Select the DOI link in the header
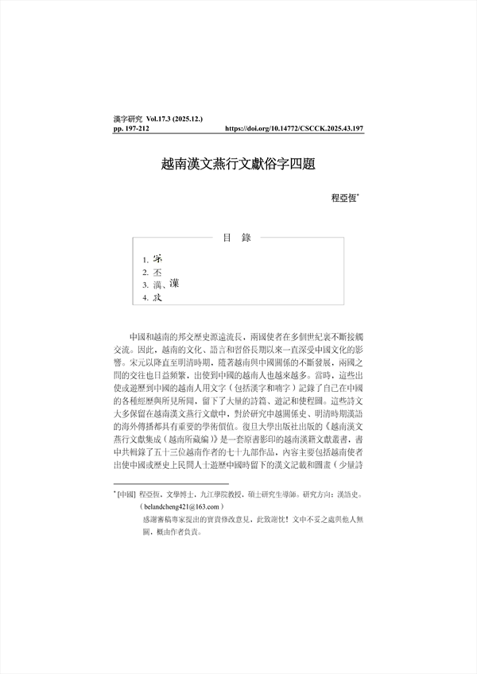click(x=295, y=127)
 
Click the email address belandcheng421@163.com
click(x=181, y=505)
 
